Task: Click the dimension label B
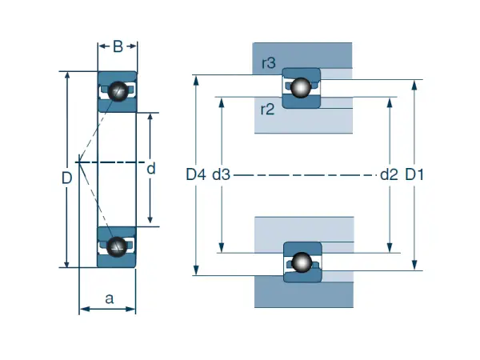pyautogui.click(x=117, y=46)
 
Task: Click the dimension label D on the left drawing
pyautogui.click(x=67, y=178)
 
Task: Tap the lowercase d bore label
pyautogui.click(x=150, y=170)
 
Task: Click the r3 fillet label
pyautogui.click(x=268, y=63)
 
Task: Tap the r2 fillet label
pyautogui.click(x=268, y=110)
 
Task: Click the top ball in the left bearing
pyautogui.click(x=118, y=90)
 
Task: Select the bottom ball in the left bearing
pyautogui.click(x=118, y=246)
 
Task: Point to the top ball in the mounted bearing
pyautogui.click(x=301, y=87)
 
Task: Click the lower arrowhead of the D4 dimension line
pyautogui.click(x=196, y=271)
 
